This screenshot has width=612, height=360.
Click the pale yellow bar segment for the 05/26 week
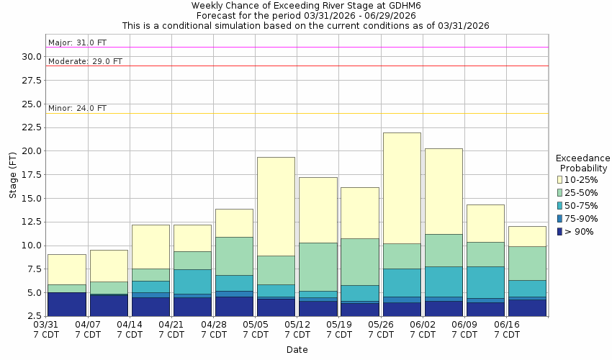pyautogui.click(x=402, y=188)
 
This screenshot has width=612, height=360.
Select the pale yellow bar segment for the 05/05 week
pyautogui.click(x=276, y=206)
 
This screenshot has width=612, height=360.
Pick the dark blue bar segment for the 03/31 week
pyautogui.click(x=66, y=304)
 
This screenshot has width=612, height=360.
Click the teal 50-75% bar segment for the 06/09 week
pyautogui.click(x=485, y=282)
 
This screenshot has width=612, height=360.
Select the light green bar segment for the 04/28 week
pyautogui.click(x=234, y=256)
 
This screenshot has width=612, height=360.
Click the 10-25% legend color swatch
pyautogui.click(x=560, y=179)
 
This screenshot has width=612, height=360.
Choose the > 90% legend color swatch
pyautogui.click(x=560, y=231)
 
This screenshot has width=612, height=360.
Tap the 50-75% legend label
pyautogui.click(x=582, y=205)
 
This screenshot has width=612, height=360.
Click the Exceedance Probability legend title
pyautogui.click(x=583, y=163)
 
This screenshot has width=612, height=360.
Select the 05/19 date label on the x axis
pyautogui.click(x=339, y=325)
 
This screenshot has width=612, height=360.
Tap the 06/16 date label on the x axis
pyautogui.click(x=507, y=325)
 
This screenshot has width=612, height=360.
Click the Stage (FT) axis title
pyautogui.click(x=13, y=175)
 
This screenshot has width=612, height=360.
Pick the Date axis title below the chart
pyautogui.click(x=297, y=350)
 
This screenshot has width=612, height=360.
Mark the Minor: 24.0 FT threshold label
pyautogui.click(x=77, y=108)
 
